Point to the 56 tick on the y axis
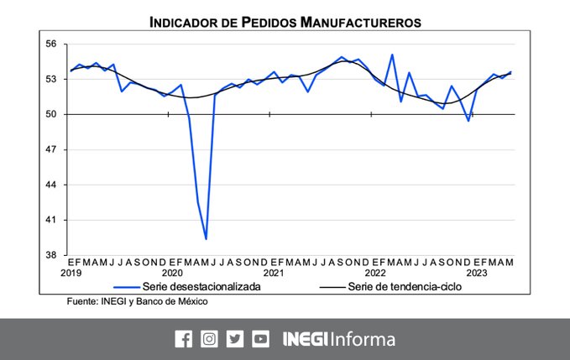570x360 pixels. [51, 44]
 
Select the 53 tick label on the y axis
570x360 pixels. [51, 79]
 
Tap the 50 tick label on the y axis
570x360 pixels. [51, 114]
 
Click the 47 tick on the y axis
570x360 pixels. [51, 149]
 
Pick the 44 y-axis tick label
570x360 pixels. [51, 185]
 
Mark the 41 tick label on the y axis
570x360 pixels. [51, 220]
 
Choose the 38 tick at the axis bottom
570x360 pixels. [51, 255]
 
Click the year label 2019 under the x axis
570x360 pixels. [71, 273]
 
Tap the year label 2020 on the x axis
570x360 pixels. [172, 273]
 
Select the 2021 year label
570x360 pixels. [273, 273]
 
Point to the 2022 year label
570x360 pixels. [374, 273]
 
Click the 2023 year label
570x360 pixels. [476, 273]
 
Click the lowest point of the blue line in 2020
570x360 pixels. [206, 239]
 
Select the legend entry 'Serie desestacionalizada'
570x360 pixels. [201, 287]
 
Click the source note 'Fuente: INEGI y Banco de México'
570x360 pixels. [137, 301]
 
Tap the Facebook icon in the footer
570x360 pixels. [183, 339]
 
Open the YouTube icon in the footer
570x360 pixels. [260, 339]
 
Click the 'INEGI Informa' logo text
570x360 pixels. [338, 339]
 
